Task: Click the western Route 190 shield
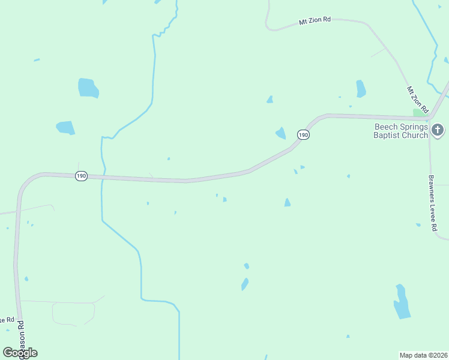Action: pos(82,176)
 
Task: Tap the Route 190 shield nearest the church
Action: pos(304,135)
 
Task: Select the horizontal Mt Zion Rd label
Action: pos(315,20)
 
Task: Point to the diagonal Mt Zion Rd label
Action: pos(417,100)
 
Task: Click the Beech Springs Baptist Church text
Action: pos(401,131)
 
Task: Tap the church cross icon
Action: pos(438,129)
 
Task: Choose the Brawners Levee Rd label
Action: pos(432,203)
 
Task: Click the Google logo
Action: pos(20,353)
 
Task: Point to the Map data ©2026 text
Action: pos(423,355)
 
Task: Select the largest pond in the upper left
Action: pos(88,88)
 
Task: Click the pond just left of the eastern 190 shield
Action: pos(280,133)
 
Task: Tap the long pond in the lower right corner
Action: pos(401,302)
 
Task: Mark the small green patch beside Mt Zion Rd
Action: pos(418,113)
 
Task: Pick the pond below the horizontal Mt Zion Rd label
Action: pos(360,88)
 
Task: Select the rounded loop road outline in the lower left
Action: pos(73,313)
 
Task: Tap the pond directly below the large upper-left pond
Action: pos(65,128)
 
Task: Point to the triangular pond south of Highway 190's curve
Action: pos(288,203)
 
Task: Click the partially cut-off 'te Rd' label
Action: pos(6,320)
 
